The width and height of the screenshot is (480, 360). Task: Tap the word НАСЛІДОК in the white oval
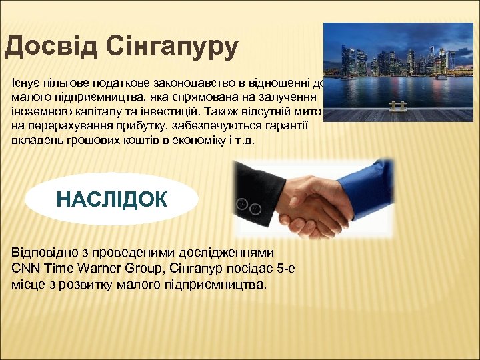pos(112,199)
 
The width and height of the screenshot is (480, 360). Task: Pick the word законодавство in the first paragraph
pos(173,83)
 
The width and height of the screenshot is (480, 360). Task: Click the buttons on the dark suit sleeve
pos(249,205)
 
